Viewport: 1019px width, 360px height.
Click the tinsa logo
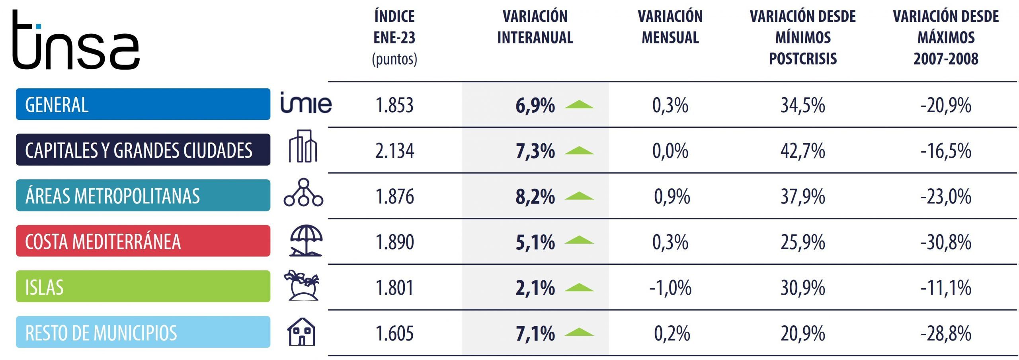coord(76,40)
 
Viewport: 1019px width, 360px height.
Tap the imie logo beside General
coord(306,103)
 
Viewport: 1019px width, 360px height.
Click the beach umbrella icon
coord(306,241)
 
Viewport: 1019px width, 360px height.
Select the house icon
coord(301,331)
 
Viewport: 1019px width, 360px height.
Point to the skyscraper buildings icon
coord(303,146)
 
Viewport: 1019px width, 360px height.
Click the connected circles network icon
coord(303,192)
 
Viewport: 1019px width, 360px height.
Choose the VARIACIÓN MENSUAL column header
coord(670,27)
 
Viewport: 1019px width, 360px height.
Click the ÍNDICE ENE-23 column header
coord(394,37)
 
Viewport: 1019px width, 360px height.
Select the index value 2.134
coord(394,151)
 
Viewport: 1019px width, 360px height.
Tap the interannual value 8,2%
coord(535,196)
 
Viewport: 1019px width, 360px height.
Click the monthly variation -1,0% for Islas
coord(670,288)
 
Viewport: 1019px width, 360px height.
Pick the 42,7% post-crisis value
coord(802,151)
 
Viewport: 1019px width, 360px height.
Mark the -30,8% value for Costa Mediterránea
coord(946,242)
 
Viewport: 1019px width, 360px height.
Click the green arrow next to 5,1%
coord(579,240)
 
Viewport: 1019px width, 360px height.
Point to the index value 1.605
coord(394,333)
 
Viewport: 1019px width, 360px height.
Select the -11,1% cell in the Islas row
coord(946,288)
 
